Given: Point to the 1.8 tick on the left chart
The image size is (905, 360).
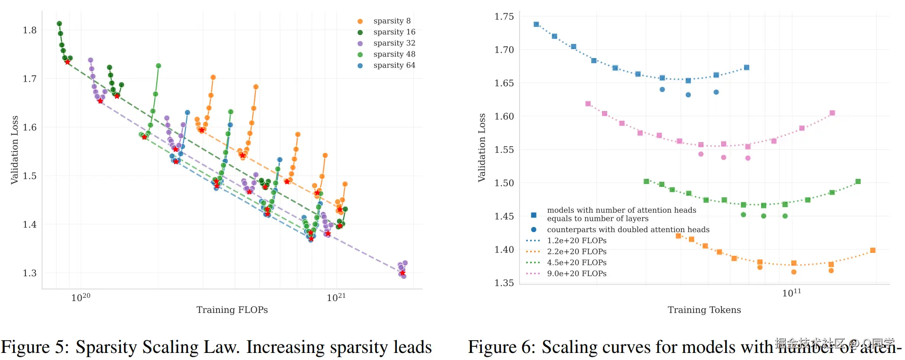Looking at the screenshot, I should (30, 30).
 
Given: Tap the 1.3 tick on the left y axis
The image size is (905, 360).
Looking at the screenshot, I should (30, 273).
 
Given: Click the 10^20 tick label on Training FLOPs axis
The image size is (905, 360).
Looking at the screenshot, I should (81, 297).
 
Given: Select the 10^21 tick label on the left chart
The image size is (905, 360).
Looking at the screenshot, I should (336, 297).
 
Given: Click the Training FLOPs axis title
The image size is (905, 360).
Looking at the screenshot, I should (232, 310).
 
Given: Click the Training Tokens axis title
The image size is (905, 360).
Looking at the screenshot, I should (704, 310).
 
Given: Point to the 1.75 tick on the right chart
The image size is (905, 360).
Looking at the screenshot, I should (504, 17).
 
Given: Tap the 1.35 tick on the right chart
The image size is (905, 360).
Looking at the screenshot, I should (504, 283).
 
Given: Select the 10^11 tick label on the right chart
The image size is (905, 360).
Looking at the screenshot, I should (791, 293).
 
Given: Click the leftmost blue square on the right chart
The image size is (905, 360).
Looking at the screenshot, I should (536, 25).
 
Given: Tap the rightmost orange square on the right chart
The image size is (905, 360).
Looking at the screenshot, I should (872, 251).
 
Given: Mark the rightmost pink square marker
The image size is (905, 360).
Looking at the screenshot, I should (832, 113).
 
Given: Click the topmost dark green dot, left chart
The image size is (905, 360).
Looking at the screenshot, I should (59, 24).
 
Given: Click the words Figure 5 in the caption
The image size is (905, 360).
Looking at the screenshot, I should (33, 347).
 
